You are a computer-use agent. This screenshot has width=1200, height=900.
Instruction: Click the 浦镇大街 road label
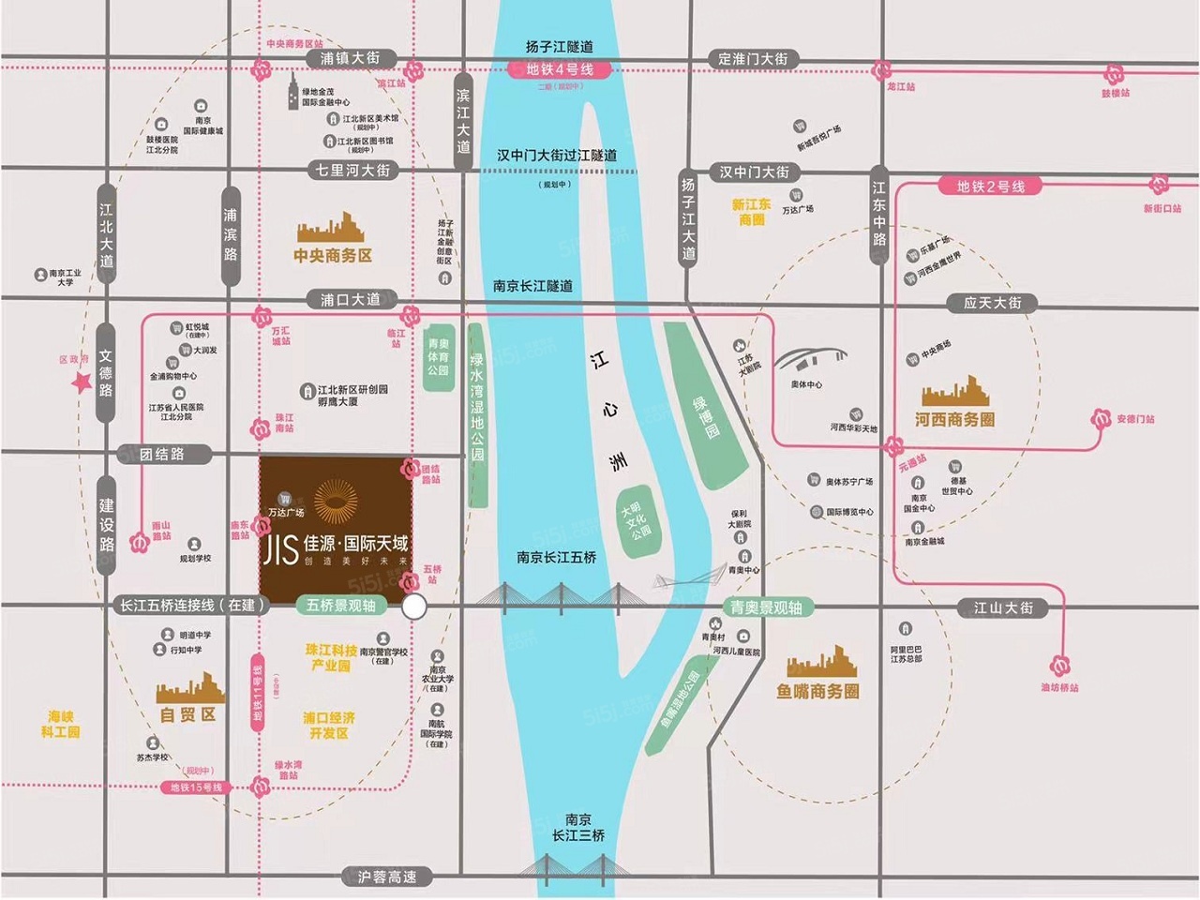350,58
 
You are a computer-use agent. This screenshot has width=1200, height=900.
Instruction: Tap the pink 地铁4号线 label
560,69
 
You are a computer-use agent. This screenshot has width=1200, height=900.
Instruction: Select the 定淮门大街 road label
753,58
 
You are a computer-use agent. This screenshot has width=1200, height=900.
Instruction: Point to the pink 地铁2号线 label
991,187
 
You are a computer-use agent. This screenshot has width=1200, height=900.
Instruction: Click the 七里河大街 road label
352,170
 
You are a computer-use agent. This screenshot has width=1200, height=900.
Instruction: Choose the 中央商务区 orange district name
333,255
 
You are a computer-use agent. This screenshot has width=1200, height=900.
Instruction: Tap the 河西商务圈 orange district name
954,419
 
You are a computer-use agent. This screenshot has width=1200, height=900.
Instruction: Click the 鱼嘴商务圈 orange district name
817,691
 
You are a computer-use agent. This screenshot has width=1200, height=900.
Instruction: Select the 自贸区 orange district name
187,714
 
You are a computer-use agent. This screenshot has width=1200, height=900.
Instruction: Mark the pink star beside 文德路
82,382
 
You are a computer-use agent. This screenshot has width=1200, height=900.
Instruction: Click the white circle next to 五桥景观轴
413,607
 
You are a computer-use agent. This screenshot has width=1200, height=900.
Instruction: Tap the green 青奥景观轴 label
766,607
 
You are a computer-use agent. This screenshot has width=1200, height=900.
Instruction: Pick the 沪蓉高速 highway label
386,877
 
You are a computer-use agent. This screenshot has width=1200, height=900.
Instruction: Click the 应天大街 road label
993,303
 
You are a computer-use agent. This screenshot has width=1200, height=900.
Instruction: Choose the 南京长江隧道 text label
532,286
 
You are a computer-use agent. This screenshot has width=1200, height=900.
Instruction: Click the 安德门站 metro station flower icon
1101,419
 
